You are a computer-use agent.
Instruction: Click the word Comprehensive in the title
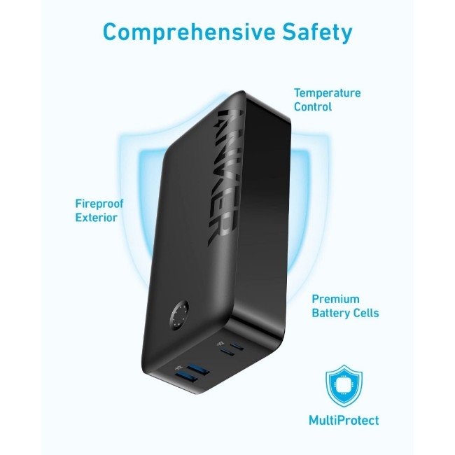point(188,32)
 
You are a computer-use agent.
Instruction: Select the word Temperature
point(328,93)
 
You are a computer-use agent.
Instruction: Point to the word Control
point(312,107)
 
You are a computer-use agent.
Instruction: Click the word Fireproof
point(99,204)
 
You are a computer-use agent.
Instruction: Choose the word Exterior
point(96,218)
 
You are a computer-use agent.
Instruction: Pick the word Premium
point(336,299)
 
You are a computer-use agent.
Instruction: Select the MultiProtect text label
point(344,420)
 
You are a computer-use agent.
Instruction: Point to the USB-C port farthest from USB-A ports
point(237,346)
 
